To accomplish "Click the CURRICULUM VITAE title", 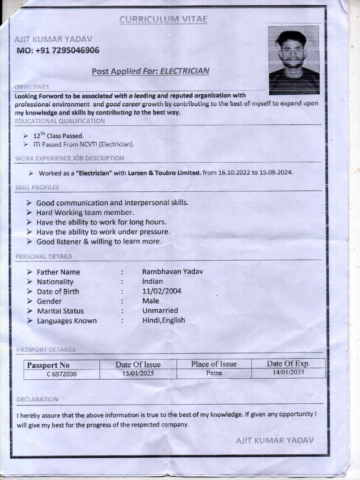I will click(163, 19).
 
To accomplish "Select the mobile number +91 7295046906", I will click(58, 51).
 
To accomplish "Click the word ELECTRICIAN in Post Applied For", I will click(185, 71).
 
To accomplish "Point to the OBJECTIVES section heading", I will click(32, 87).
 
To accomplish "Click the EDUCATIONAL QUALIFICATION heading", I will click(60, 121).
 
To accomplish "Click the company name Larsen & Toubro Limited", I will click(165, 173).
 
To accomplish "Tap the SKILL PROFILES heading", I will click(37, 187).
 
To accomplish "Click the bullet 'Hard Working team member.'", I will click(85, 212).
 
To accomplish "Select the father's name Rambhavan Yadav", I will click(172, 271).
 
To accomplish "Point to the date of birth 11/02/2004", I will click(162, 291).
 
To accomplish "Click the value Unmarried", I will click(160, 310).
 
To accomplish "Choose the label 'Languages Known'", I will click(67, 321).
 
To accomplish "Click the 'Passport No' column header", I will click(48, 365).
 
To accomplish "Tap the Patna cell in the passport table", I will click(214, 374).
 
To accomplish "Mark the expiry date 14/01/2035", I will click(288, 373).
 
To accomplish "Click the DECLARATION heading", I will click(37, 399).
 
